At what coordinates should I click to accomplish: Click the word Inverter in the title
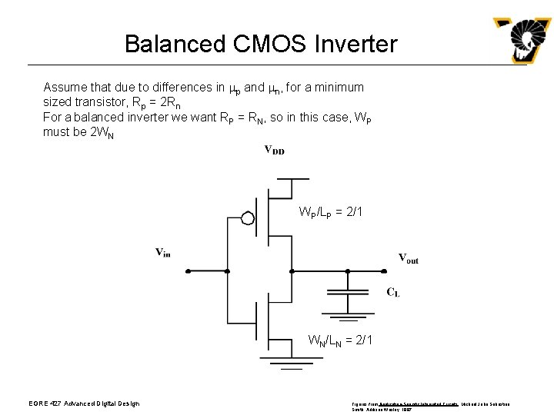click(x=355, y=44)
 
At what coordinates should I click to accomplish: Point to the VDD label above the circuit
click(x=274, y=150)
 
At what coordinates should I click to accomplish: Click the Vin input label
click(x=162, y=252)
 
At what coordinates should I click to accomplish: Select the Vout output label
click(x=409, y=258)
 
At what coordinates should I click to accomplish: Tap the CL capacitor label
click(x=392, y=291)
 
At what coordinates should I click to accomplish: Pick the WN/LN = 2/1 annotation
click(x=340, y=339)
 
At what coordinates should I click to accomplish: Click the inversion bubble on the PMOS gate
click(x=248, y=218)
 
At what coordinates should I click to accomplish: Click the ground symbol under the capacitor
click(x=347, y=316)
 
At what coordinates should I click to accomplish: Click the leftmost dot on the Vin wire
click(x=185, y=271)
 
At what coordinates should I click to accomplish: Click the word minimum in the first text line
click(x=336, y=88)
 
